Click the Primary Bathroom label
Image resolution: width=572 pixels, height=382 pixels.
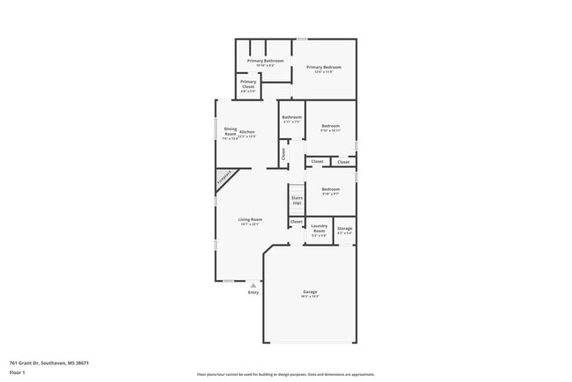(x=259, y=62)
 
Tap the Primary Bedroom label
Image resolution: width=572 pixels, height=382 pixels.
(x=323, y=69)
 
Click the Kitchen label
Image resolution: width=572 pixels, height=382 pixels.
(x=246, y=133)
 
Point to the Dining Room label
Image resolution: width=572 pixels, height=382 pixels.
(x=230, y=133)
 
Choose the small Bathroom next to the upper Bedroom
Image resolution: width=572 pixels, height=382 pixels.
(x=291, y=119)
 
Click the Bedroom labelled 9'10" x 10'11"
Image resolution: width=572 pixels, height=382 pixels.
(x=330, y=129)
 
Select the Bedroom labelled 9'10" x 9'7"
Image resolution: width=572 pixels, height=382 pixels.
(x=330, y=191)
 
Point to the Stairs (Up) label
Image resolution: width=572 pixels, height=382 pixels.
(x=297, y=200)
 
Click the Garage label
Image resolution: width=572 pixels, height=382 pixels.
(x=310, y=293)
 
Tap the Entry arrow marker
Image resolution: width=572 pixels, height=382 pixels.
(x=253, y=285)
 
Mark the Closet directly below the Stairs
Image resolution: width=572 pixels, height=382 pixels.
(x=297, y=222)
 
